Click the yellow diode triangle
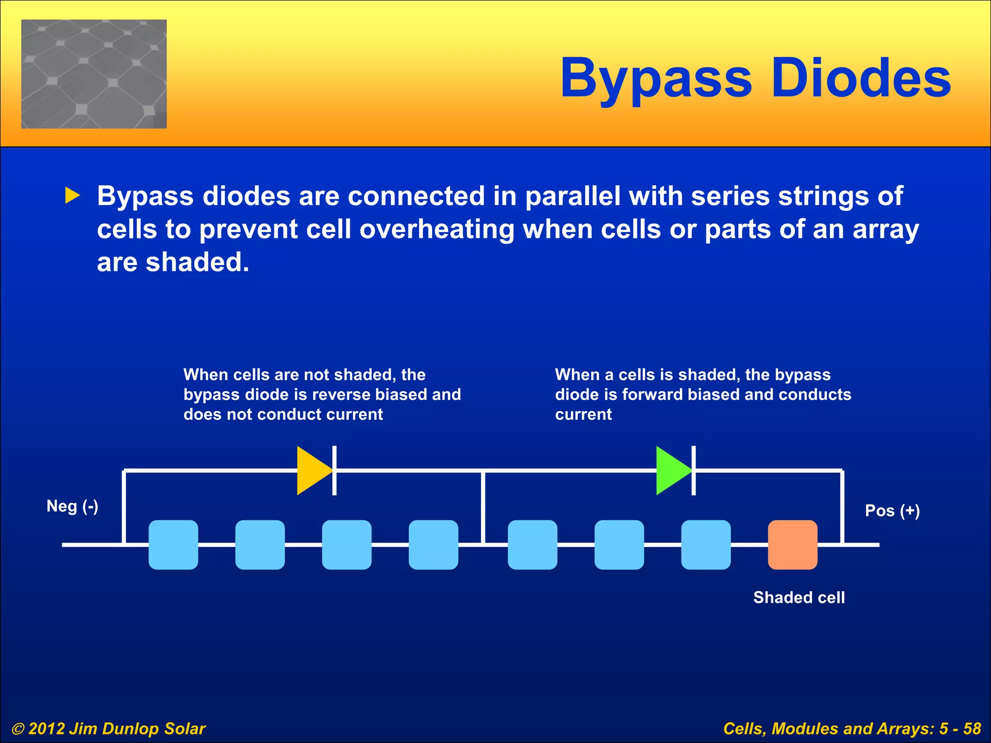(312, 471)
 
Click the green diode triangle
(671, 471)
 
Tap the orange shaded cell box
(793, 545)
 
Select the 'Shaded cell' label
(799, 597)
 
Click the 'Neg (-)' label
(72, 506)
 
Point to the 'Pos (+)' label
(892, 510)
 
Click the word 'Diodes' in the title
(861, 77)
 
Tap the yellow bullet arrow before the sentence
(72, 195)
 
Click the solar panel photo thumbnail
(94, 74)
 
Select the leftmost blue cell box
(173, 545)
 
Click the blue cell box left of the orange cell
(706, 545)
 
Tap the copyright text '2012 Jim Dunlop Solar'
(116, 728)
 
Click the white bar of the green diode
(693, 471)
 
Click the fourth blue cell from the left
(434, 545)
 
